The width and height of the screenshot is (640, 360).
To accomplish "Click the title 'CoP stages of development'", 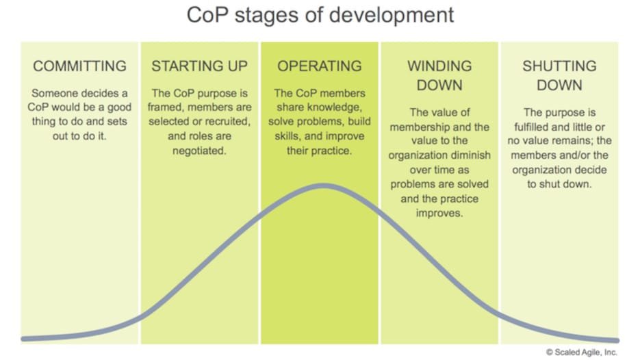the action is pos(320,16).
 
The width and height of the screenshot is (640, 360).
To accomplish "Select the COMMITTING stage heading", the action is pos(79,66).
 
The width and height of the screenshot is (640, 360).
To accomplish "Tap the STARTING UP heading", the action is pos(200,66).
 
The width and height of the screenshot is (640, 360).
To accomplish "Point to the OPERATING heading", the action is pos(320,66).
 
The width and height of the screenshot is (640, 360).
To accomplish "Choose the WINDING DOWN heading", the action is pos(439,75).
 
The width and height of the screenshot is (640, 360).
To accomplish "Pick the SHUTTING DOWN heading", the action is pos(560,75).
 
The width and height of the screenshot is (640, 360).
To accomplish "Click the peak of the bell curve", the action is pos(323,186).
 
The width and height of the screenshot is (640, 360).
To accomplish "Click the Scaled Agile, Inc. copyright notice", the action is pos(582,352).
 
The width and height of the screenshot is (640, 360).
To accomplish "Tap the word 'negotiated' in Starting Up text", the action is pos(199,151).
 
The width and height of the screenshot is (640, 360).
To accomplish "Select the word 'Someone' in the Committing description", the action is pos(54,94).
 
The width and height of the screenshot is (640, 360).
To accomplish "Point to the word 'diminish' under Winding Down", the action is pos(470,155).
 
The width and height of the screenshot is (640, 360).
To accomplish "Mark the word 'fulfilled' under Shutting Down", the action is pos(531,127).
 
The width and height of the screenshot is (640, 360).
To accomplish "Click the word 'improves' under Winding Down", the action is pos(439,214).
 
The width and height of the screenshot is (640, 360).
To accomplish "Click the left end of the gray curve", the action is pos(23,339).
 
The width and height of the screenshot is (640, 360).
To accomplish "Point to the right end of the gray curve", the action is pos(617,340).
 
